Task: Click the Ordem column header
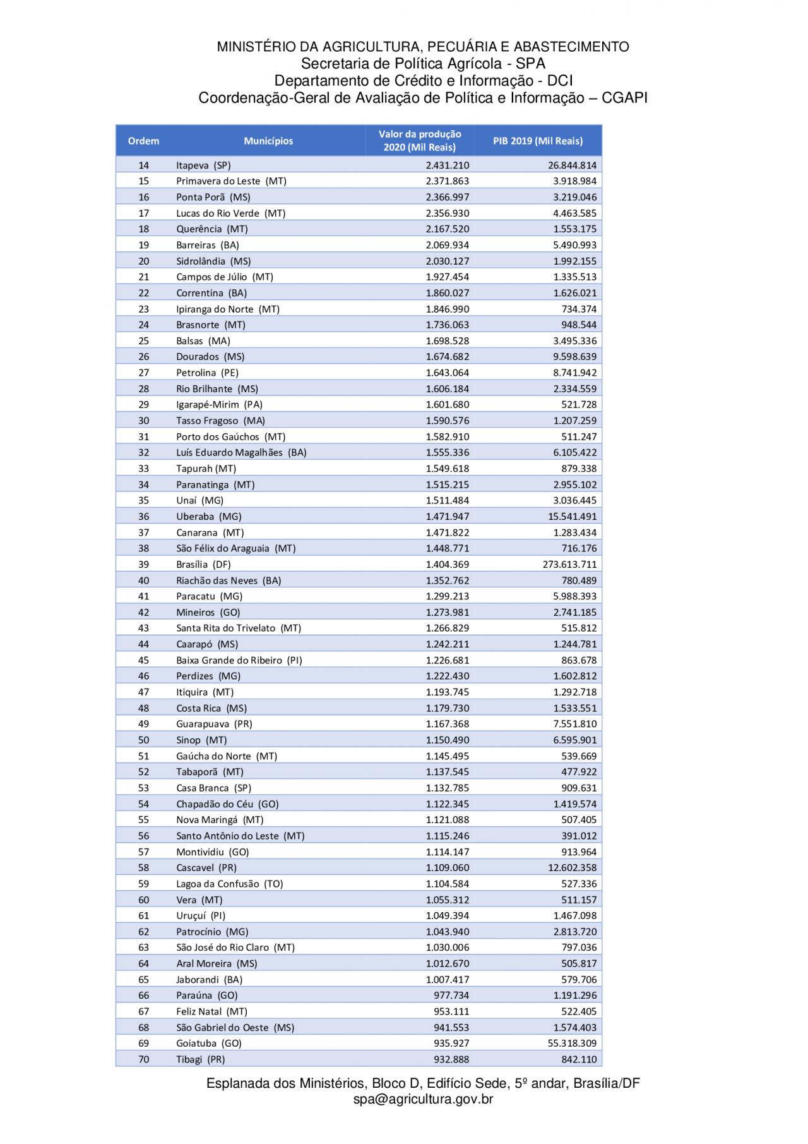coord(143,141)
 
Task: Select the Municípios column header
coord(268,141)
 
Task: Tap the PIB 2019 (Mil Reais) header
coord(538,141)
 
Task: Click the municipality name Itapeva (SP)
coord(203,166)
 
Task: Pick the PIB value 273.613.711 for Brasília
coord(569,565)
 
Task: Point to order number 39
coord(143,565)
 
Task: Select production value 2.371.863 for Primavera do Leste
coord(447,181)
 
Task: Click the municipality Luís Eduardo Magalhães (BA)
coord(241,452)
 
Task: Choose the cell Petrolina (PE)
coord(207,373)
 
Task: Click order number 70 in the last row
coord(143,1059)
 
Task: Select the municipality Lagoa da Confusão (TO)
coord(229,884)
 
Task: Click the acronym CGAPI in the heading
coord(624,98)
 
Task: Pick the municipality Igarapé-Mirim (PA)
coord(218,405)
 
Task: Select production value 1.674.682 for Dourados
coord(447,357)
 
